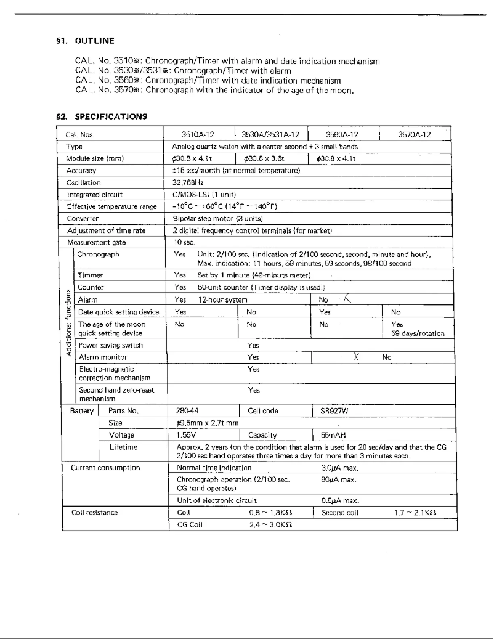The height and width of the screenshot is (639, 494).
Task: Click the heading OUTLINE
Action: [94, 41]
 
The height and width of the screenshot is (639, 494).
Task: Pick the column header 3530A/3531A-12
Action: [270, 134]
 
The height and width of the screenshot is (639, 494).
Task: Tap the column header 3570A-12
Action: [415, 134]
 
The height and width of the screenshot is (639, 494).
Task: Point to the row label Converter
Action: [83, 218]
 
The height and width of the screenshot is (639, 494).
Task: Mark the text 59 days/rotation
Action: [418, 333]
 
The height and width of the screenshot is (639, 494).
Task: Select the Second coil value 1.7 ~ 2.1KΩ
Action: [415, 512]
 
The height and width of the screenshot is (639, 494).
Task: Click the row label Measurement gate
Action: [92, 242]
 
